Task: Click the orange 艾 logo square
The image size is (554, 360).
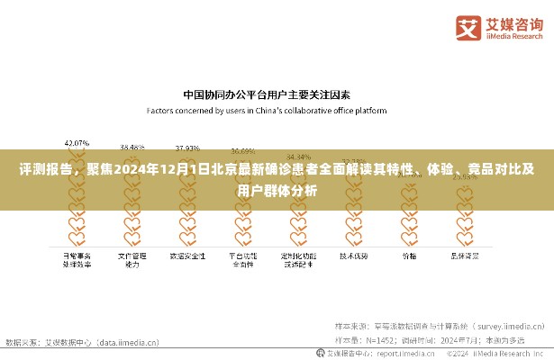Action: pos(468,27)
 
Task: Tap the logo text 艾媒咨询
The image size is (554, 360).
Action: pos(511,22)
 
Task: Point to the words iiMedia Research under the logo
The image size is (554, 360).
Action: pos(511,37)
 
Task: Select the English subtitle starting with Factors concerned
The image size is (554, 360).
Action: pos(267,111)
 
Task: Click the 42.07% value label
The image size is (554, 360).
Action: pos(77,143)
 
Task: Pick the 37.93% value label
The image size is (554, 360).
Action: pos(187,147)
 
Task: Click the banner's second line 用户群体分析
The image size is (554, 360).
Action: pos(276,190)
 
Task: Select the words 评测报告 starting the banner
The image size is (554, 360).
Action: pos(44,168)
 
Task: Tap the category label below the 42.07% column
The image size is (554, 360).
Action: pos(77,259)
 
